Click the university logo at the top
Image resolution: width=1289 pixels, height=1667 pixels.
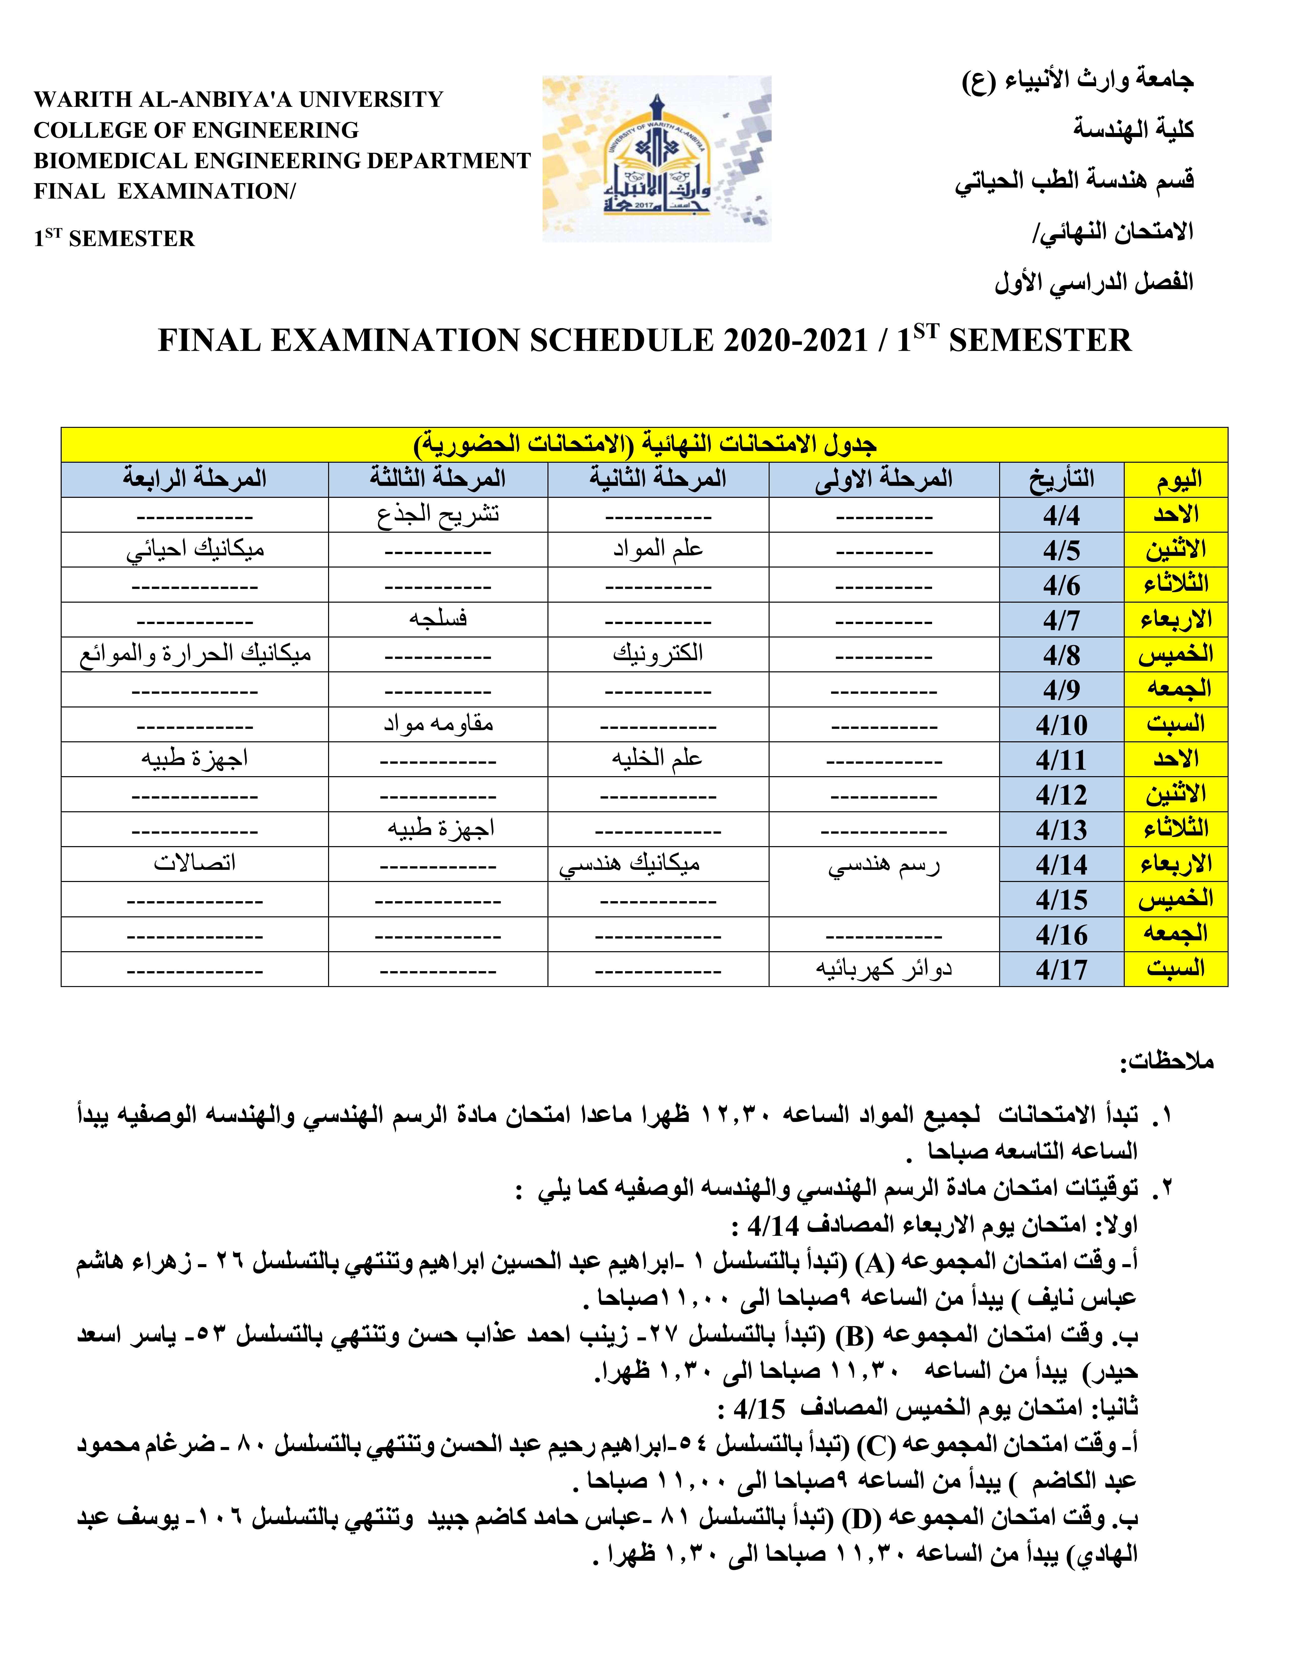[x=657, y=159]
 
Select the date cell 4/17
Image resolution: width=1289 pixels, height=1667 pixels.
[x=1062, y=969]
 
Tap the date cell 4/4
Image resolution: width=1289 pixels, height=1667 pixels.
[x=1062, y=515]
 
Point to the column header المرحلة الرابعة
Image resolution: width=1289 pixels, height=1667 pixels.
[x=195, y=479]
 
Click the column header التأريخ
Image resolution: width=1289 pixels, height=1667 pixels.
[x=1062, y=479]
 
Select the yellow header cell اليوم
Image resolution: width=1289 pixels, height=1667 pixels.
[x=1176, y=479]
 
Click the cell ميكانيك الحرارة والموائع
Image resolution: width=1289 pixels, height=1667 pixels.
[x=195, y=654]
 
